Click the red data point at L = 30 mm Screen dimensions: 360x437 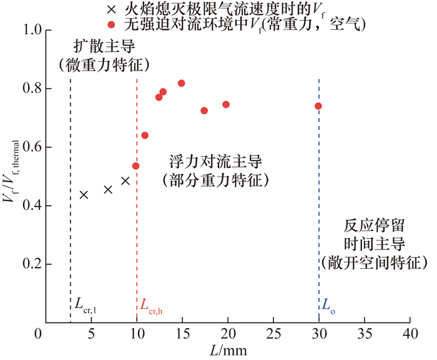[318, 106]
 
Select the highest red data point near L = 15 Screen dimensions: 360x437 [182, 83]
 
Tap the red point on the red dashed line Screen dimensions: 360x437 [135, 166]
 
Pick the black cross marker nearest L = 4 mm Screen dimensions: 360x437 [84, 195]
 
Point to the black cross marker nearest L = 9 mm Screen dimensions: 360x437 [125, 181]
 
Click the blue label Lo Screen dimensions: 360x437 [328, 306]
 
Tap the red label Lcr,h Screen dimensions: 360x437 [152, 306]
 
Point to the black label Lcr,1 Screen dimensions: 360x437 [86, 306]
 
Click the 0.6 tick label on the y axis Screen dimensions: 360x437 [25, 147]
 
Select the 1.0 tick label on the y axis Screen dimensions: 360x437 [25, 30]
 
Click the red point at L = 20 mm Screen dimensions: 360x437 [226, 104]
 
